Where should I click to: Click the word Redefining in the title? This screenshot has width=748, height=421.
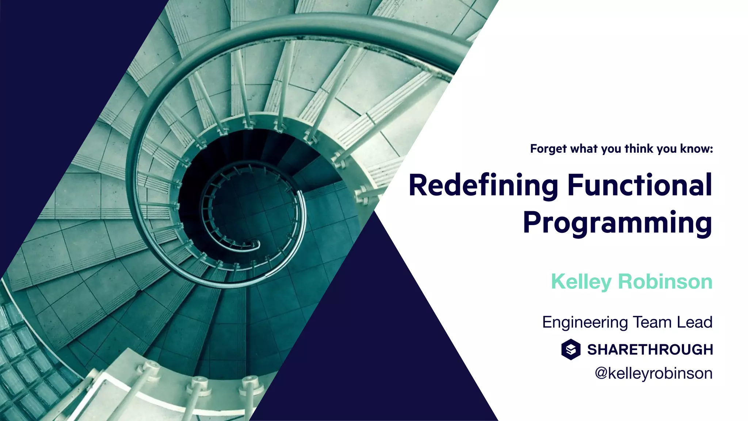[483, 186]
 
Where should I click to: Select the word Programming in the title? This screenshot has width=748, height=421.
[617, 223]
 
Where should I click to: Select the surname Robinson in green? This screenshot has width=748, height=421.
[665, 282]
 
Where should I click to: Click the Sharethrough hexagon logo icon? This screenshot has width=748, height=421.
[571, 349]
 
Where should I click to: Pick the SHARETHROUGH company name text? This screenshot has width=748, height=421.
[650, 350]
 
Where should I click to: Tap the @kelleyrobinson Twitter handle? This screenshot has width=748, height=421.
[653, 373]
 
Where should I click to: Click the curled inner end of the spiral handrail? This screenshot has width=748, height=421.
[256, 244]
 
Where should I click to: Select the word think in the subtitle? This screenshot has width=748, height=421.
[639, 149]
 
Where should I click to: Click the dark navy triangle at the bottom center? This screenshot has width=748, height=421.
[376, 347]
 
